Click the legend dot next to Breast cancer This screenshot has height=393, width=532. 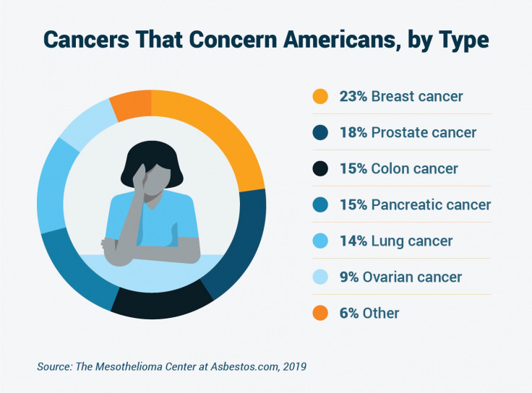320,96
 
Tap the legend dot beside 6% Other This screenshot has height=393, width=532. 320,313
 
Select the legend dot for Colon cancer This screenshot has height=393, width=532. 320,168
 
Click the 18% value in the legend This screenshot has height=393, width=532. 353,132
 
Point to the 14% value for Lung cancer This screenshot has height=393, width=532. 353,241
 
